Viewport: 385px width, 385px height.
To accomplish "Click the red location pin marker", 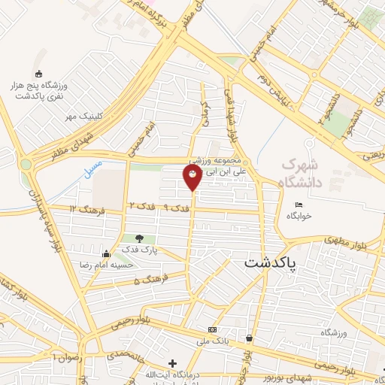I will tap(192, 177).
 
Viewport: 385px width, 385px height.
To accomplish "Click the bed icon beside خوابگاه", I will tap(299, 205).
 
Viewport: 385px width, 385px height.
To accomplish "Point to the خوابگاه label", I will tap(299, 216).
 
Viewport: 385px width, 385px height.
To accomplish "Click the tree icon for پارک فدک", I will tap(138, 238).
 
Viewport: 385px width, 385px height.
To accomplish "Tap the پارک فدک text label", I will tap(144, 250).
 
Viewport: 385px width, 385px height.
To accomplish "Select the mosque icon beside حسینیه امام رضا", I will tap(106, 253).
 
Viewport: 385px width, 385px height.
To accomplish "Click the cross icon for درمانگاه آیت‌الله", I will tap(173, 364).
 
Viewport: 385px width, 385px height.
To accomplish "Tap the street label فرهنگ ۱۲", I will tap(84, 208).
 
